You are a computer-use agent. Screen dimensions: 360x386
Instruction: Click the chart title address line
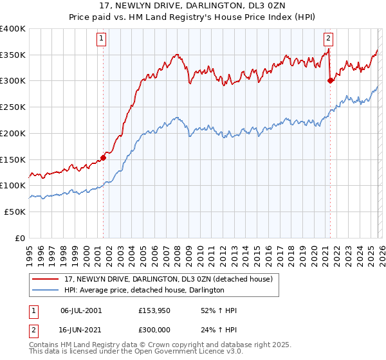(193, 6)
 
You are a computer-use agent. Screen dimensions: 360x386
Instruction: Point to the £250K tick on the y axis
(13, 107)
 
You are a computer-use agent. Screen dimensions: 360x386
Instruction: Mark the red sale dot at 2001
(103, 157)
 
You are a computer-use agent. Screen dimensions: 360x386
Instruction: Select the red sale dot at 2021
(330, 80)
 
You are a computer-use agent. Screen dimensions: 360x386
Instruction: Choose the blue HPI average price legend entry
(143, 291)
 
